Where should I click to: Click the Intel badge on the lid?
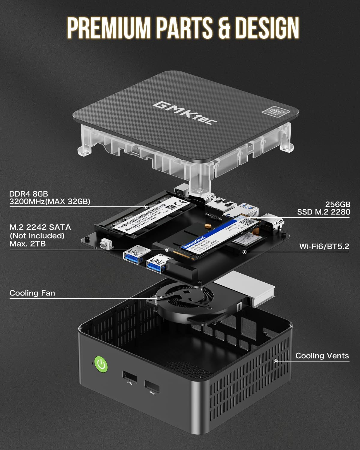click(x=271, y=112)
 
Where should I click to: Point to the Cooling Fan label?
click(x=32, y=293)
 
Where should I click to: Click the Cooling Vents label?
click(x=322, y=356)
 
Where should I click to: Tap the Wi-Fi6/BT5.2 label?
click(x=324, y=247)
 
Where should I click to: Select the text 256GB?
click(x=337, y=205)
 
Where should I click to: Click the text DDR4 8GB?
click(x=28, y=194)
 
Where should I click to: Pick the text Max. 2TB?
click(x=28, y=244)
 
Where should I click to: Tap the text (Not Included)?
click(x=37, y=235)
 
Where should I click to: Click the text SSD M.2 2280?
click(x=323, y=212)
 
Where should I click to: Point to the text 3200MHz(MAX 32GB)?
click(x=49, y=202)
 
